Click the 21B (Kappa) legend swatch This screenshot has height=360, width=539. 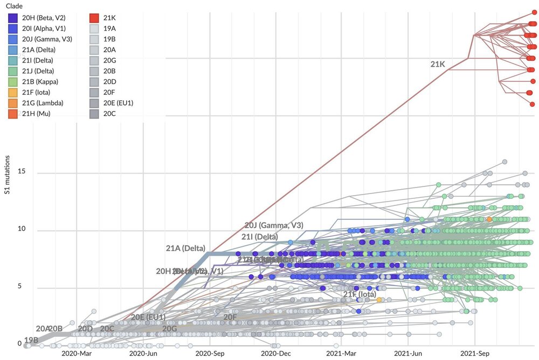point(13,81)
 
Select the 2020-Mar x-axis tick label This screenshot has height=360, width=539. point(77,354)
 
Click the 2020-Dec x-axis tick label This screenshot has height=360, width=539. point(276,354)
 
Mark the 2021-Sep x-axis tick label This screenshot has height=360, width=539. point(475,354)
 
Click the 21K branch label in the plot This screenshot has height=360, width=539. point(438,64)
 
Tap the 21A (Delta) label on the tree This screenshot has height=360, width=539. point(185,248)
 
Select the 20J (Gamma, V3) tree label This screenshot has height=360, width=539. point(273,225)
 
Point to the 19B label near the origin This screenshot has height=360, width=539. point(31,340)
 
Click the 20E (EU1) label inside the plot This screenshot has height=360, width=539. point(148,317)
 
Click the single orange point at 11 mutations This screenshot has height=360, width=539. point(489,219)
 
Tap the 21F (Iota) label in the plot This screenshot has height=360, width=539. point(360,294)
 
